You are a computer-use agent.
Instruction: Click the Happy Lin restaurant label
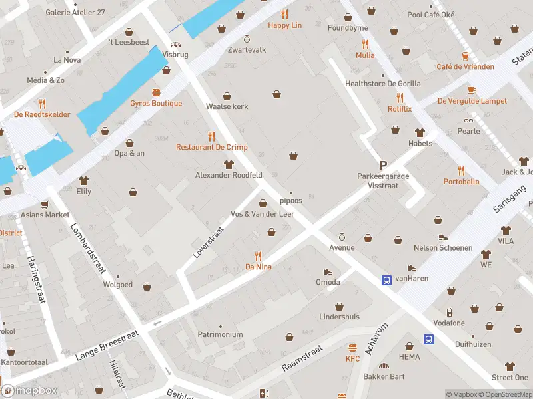coord(284,25)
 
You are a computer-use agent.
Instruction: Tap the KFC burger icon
coord(352,348)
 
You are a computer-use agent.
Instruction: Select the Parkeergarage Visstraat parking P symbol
coord(383,165)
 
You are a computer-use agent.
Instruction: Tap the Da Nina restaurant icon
coord(259,255)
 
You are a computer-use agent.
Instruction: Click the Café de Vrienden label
coord(465,66)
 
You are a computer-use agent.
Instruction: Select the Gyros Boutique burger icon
coord(156,92)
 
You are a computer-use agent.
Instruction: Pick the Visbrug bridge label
coord(175,55)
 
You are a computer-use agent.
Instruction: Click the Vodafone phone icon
coord(450,312)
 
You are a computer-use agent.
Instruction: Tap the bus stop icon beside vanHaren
coord(386,280)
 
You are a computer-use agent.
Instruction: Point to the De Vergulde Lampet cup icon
coord(472,90)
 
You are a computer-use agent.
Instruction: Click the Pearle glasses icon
coord(468,120)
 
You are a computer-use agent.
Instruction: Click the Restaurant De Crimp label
coord(212,147)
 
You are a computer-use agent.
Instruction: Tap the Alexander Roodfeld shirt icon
coord(229,164)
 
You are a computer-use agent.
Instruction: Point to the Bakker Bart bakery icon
coord(384,366)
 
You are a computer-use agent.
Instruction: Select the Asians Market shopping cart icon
coord(45,204)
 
